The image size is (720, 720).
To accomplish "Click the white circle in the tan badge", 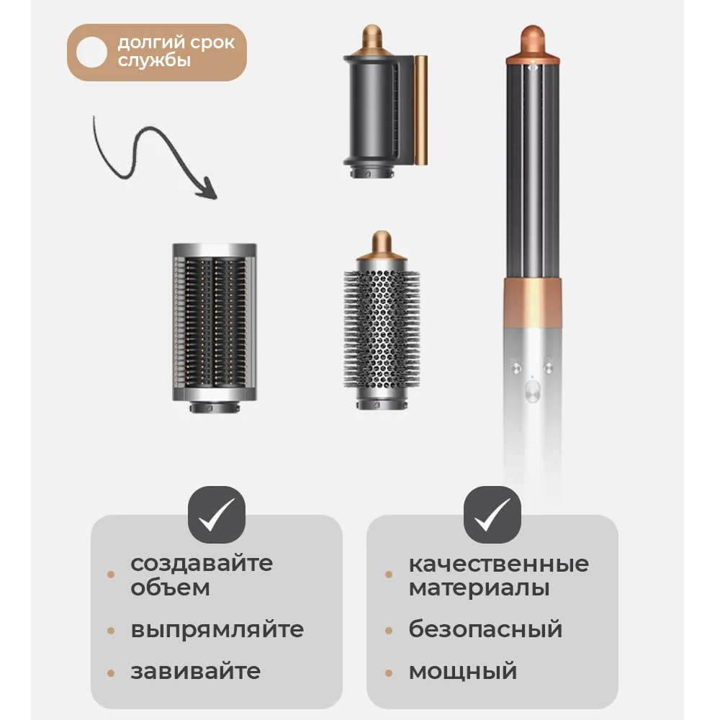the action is pos(91,53).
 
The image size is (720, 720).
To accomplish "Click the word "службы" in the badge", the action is pos(154,60).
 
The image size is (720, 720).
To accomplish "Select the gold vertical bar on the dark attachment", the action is pos(421,110).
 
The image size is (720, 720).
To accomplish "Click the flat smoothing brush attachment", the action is pos(215,328).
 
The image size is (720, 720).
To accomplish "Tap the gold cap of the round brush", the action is pos(382,246).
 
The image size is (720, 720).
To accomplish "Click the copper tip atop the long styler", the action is pos(533,43).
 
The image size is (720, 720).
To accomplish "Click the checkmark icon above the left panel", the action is pos(217,514).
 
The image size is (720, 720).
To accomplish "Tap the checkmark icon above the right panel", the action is pos(492,514).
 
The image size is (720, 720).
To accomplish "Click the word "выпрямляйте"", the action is pos(217,629).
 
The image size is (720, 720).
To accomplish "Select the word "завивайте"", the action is pos(196,671).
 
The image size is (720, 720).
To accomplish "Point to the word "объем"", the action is pos(171,588).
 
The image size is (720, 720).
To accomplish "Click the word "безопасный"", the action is pos(485,629).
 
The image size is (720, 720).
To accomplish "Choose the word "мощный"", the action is pos(463,671).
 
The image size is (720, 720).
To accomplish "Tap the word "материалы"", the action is pos(479,588).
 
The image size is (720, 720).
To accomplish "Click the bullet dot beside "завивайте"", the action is pos(111,674).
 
